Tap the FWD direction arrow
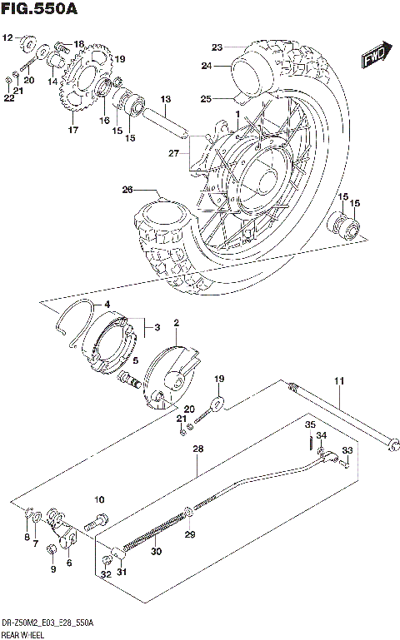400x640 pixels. click(x=372, y=56)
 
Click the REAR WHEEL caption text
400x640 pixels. click(x=26, y=634)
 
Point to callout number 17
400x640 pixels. click(x=72, y=131)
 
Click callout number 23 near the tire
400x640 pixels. click(x=217, y=47)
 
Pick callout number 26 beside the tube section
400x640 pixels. click(x=127, y=190)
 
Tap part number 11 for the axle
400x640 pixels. click(x=339, y=381)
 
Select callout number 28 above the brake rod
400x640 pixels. click(x=197, y=449)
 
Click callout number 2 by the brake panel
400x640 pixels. click(x=176, y=323)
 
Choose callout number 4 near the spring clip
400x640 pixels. click(x=107, y=306)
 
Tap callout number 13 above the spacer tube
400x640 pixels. click(x=165, y=99)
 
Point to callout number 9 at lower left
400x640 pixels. click(x=52, y=569)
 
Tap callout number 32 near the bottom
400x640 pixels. click(x=105, y=574)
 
